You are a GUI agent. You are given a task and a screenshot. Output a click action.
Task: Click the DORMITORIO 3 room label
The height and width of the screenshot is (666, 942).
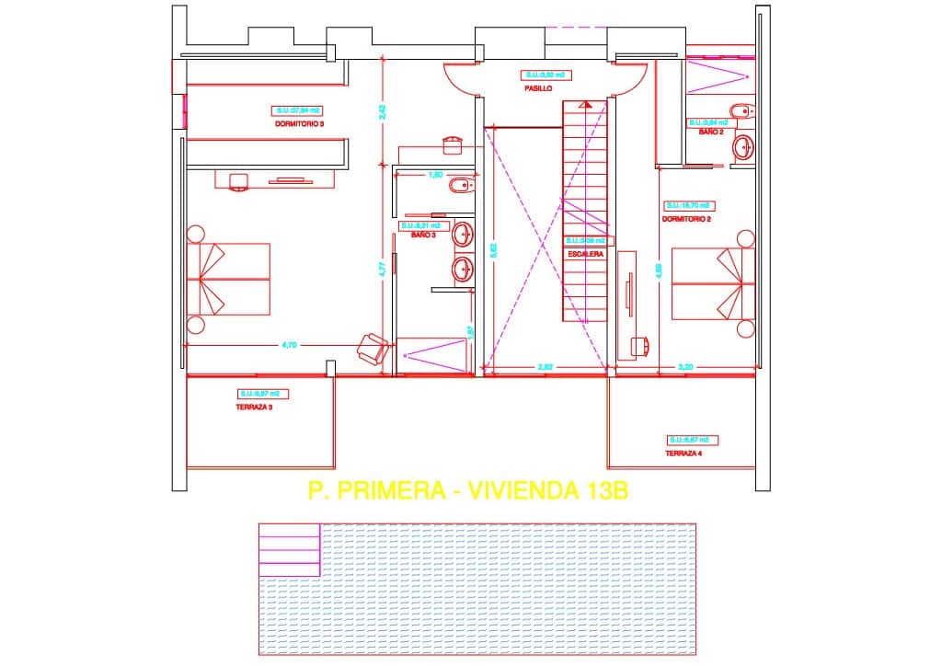[299, 123]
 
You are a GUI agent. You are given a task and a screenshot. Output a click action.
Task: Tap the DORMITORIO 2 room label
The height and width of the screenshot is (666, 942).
[686, 219]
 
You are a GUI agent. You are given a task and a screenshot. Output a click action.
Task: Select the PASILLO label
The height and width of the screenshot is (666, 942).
[538, 89]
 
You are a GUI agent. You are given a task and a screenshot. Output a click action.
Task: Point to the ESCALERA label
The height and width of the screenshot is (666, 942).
[585, 253]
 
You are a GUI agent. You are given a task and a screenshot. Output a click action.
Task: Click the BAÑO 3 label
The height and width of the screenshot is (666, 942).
[422, 235]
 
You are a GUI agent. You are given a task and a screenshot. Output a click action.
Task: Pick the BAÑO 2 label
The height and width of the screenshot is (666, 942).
[711, 132]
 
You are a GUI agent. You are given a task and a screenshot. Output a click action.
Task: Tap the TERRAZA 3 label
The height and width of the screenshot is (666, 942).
[254, 407]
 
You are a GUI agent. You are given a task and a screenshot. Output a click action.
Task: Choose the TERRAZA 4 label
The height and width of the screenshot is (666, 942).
[684, 454]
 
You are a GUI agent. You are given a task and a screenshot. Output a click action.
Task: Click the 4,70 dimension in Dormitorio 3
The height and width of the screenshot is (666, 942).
[288, 345]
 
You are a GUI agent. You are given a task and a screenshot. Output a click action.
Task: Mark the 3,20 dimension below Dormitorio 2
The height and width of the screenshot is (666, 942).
[685, 367]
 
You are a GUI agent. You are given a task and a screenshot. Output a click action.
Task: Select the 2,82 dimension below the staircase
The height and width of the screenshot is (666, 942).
[545, 367]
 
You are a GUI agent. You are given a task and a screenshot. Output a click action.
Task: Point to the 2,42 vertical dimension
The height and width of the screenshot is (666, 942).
[382, 111]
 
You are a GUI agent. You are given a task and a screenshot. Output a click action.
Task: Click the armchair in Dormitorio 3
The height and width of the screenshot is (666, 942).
[373, 348]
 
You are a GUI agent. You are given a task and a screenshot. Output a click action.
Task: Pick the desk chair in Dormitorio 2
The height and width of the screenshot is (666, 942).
[640, 345]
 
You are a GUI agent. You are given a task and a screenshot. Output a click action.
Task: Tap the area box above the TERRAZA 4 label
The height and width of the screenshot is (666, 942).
[693, 440]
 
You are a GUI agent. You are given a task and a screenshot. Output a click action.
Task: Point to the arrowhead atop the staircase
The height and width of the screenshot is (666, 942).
[585, 106]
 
